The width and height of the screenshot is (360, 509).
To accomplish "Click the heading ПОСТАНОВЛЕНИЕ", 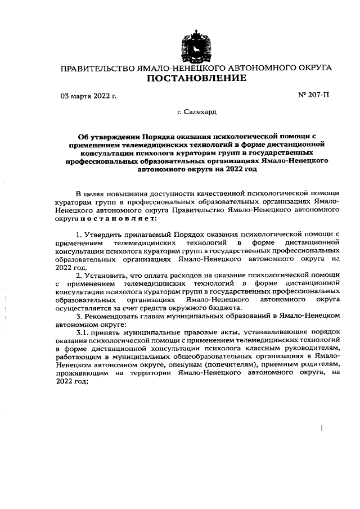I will pyautogui.click(x=196, y=79).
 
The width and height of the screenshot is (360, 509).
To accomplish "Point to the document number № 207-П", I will pyautogui.click(x=313, y=95).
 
